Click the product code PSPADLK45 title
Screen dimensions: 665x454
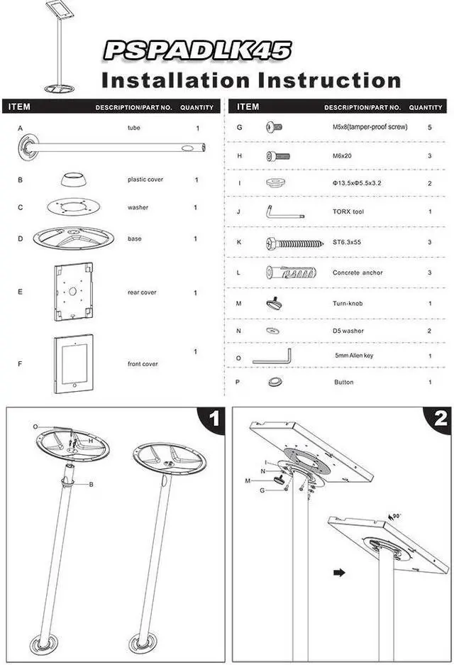click(x=197, y=50)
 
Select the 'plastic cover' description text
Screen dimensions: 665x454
click(x=145, y=180)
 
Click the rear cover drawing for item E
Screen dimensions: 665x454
click(x=74, y=292)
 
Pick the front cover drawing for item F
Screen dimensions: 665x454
click(x=74, y=363)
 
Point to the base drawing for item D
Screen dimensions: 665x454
click(x=74, y=237)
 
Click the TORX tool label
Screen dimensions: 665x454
click(x=348, y=211)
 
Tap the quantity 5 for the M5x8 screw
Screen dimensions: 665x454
click(x=430, y=127)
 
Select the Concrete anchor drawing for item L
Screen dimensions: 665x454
click(x=285, y=273)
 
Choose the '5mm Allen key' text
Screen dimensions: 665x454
click(x=358, y=356)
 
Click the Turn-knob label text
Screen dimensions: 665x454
click(x=348, y=303)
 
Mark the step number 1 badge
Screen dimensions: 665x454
click(x=214, y=419)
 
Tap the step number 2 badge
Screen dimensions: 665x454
click(x=440, y=419)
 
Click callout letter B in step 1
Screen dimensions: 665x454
click(x=91, y=484)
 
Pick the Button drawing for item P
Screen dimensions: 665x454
click(x=275, y=382)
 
